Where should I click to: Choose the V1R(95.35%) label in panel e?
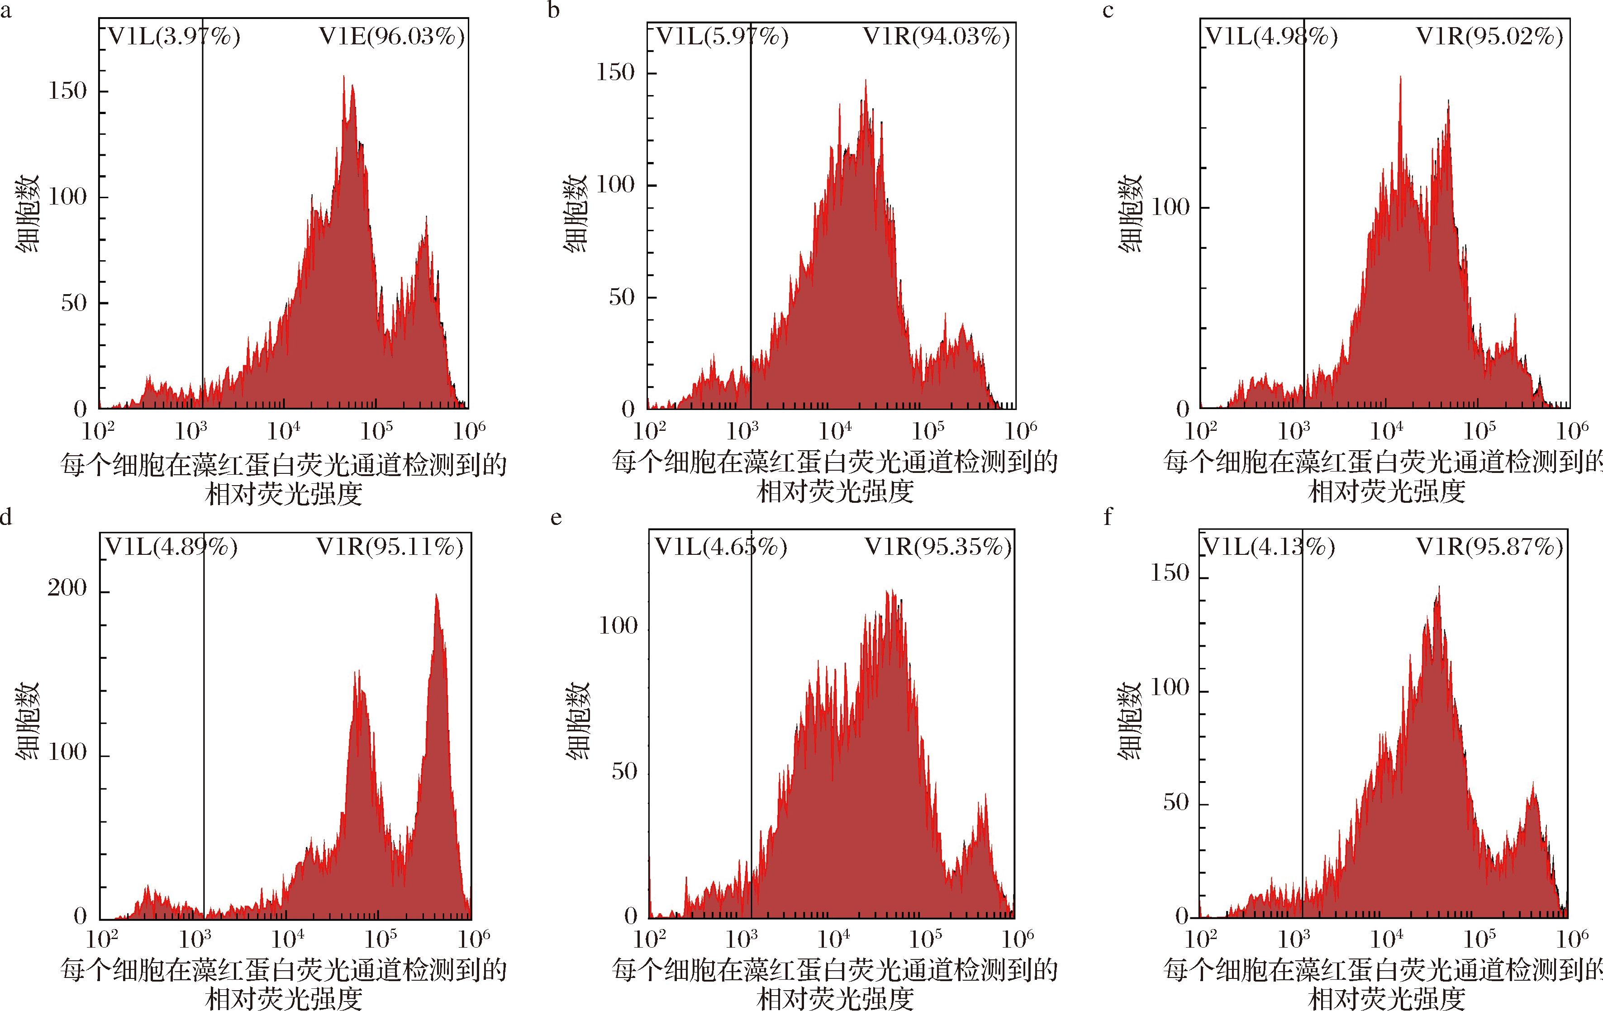pyautogui.click(x=938, y=547)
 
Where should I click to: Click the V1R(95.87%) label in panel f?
pyautogui.click(x=1489, y=547)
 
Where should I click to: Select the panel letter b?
pyautogui.click(x=554, y=11)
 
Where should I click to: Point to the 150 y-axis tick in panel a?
pyautogui.click(x=67, y=91)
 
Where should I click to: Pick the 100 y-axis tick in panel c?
pyautogui.click(x=1170, y=208)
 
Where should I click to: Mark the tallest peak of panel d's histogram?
pyautogui.click(x=437, y=596)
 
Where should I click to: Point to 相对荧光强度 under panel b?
pyautogui.click(x=836, y=493)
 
